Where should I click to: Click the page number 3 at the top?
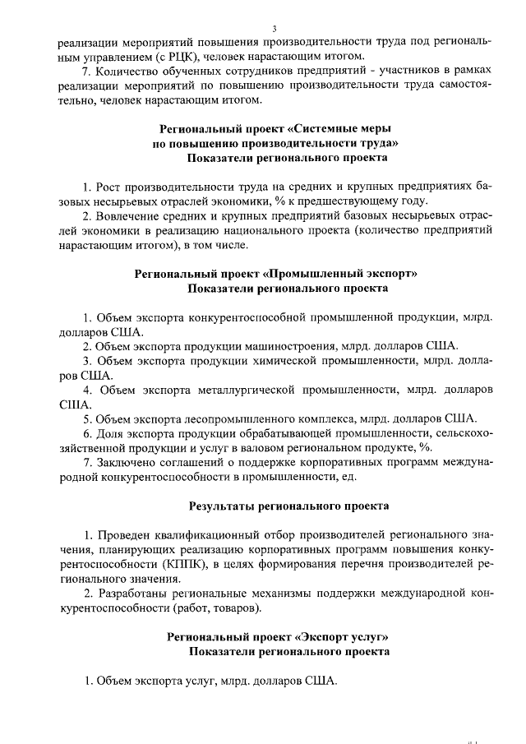274,29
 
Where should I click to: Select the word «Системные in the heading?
323,128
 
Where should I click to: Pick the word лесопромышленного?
251,418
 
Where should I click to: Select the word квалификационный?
209,535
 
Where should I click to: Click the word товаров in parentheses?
238,608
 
